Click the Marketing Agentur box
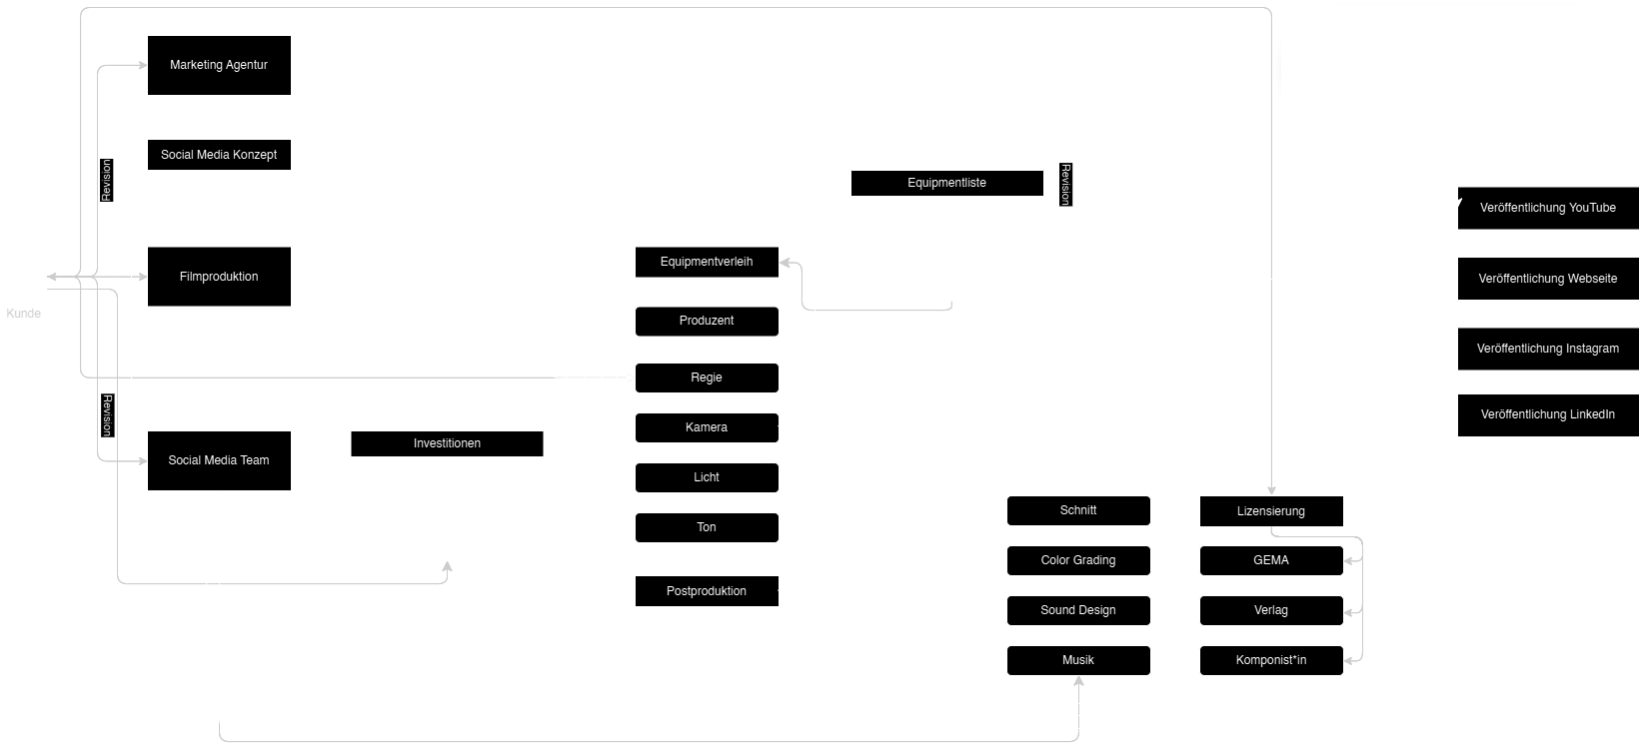point(219,66)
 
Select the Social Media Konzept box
point(219,156)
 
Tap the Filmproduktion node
point(219,277)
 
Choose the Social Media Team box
point(219,460)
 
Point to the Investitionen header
point(447,443)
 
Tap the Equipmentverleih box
point(707,263)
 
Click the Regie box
point(707,377)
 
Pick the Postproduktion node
point(707,591)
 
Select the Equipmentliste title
point(946,183)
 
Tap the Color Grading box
point(1078,560)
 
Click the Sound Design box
point(1078,610)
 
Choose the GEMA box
point(1271,560)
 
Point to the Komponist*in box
point(1271,660)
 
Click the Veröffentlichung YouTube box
point(1548,208)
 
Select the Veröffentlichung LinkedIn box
point(1548,414)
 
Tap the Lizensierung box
point(1271,511)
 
